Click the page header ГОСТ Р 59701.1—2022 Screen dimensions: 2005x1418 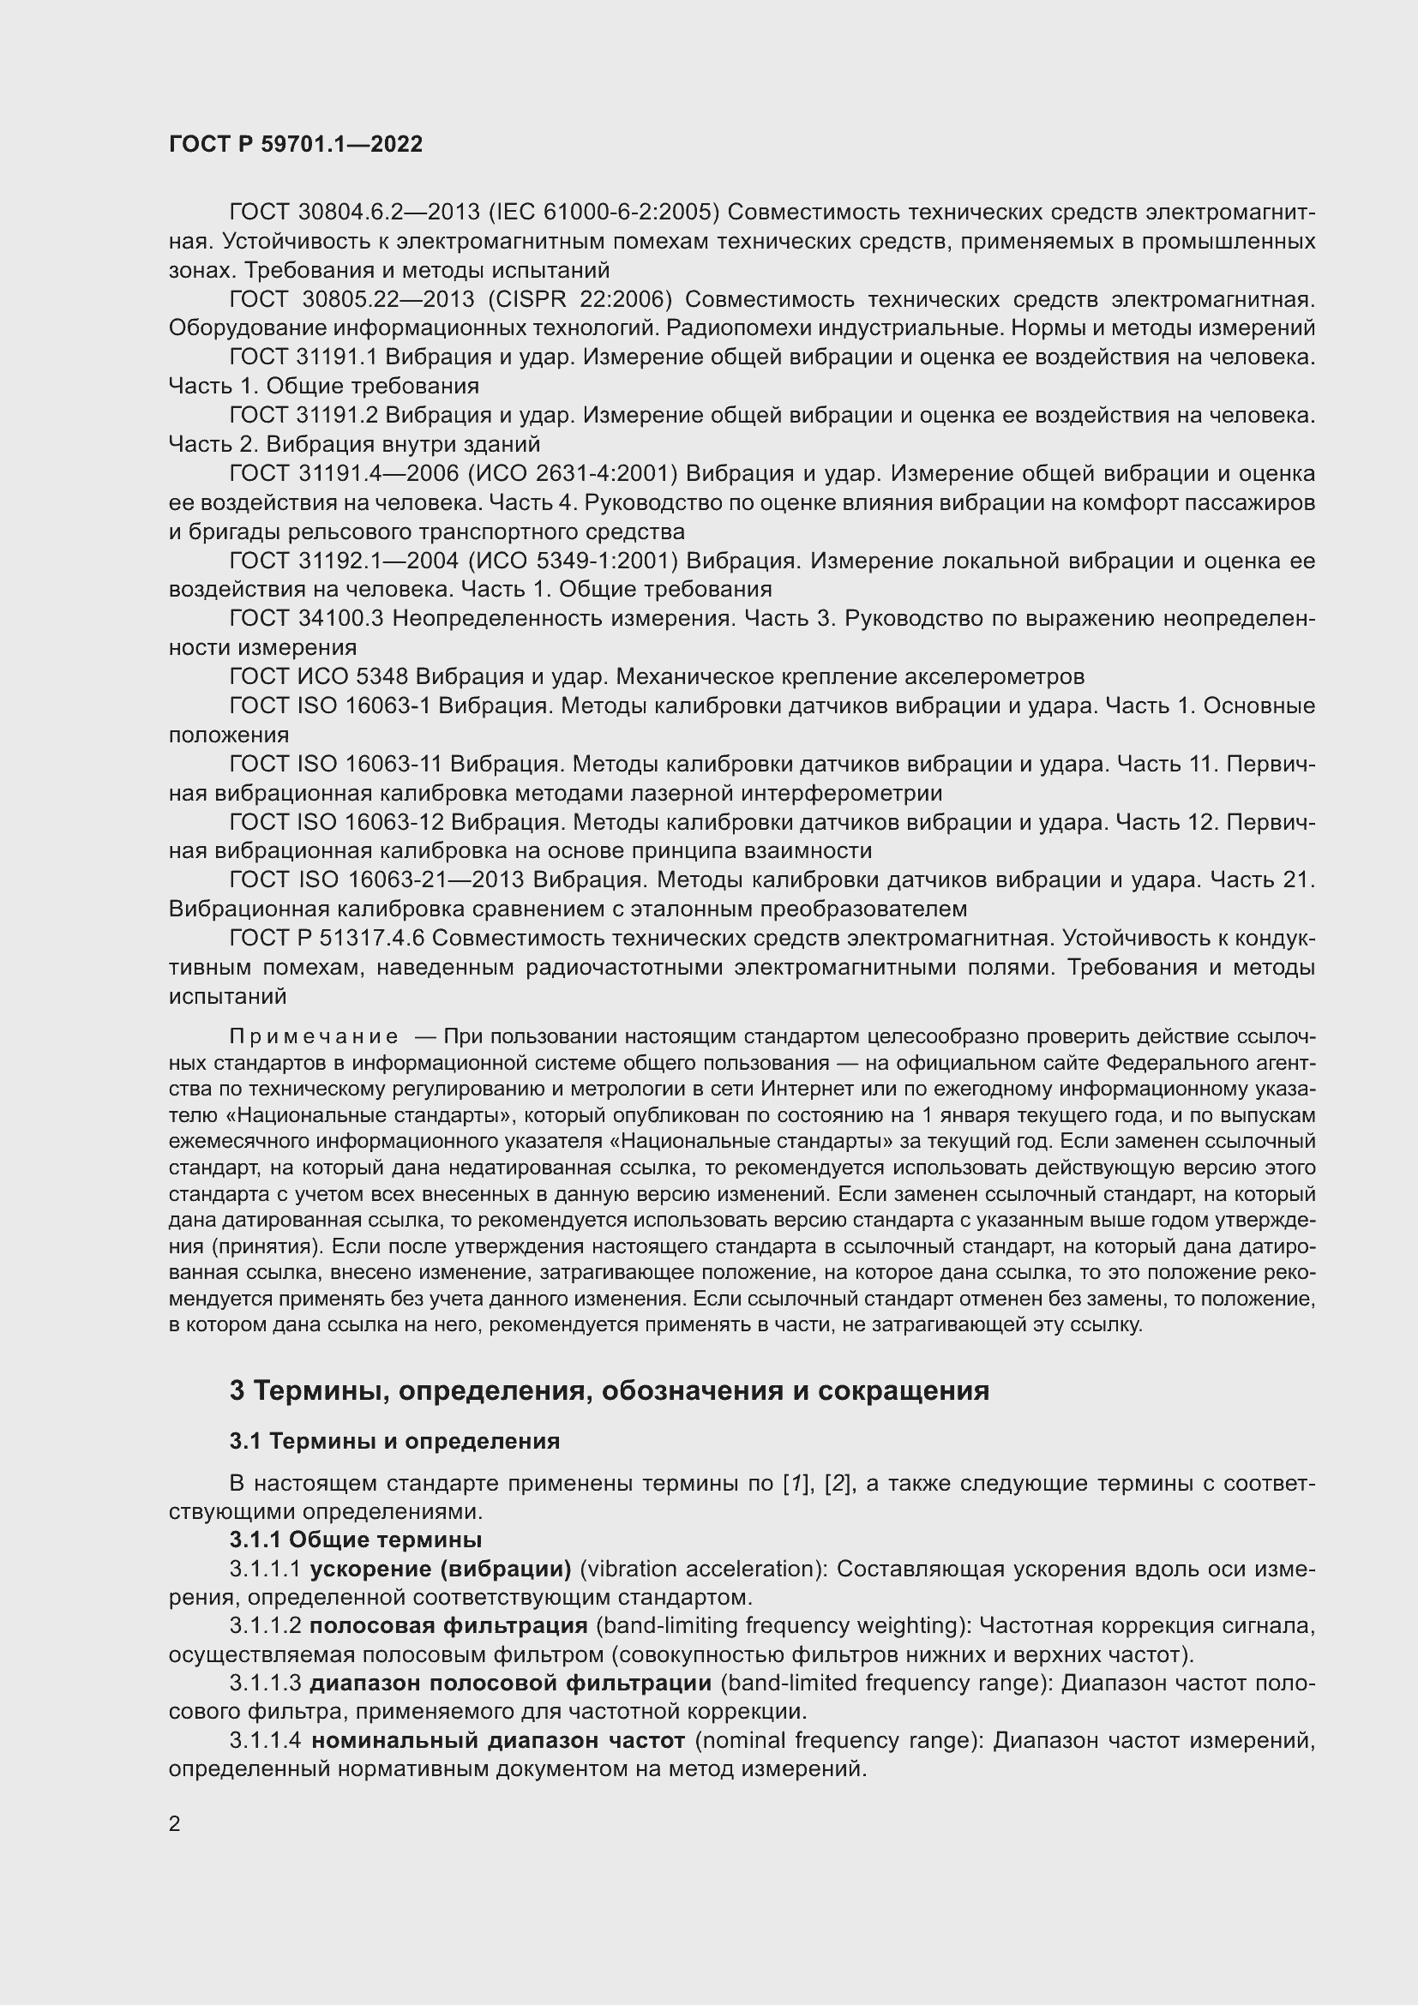[295, 145]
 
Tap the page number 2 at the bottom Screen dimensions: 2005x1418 [175, 1824]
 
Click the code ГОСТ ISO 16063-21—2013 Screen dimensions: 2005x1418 [376, 879]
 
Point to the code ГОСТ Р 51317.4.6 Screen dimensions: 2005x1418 [327, 938]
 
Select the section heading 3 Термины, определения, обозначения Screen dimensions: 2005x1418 [609, 1390]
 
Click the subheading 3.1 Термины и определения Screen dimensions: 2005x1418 [394, 1441]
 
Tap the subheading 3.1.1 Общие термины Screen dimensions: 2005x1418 [356, 1540]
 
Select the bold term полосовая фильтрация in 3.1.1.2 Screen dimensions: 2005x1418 [448, 1625]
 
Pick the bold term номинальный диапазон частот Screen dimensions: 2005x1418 [498, 1740]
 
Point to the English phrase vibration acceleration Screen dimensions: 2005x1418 [701, 1570]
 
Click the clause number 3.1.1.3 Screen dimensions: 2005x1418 [266, 1683]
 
